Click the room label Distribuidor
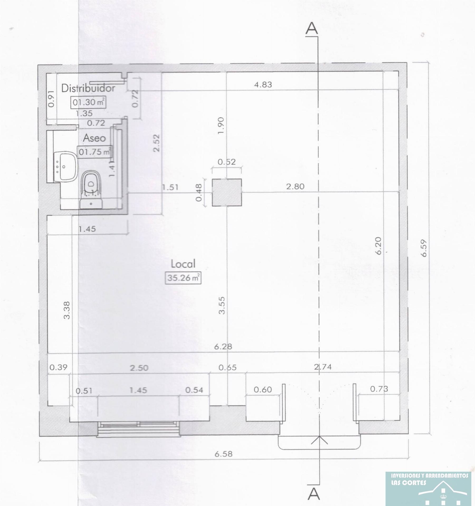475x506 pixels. [x=88, y=88]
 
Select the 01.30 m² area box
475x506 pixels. [x=88, y=102]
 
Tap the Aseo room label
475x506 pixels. [x=94, y=138]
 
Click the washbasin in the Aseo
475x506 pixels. [x=65, y=167]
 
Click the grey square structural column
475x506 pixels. [x=227, y=192]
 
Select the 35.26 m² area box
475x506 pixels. [x=183, y=278]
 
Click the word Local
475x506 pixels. [x=183, y=264]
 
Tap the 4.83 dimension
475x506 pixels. [x=263, y=85]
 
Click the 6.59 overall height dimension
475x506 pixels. [x=424, y=248]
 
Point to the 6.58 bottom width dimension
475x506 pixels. [x=223, y=454]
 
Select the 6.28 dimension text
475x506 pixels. [x=223, y=346]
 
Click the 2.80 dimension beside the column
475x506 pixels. [x=295, y=187]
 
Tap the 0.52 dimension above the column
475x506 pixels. [x=226, y=162]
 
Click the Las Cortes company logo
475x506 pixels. [x=428, y=489]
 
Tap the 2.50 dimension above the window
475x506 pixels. [x=139, y=368]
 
